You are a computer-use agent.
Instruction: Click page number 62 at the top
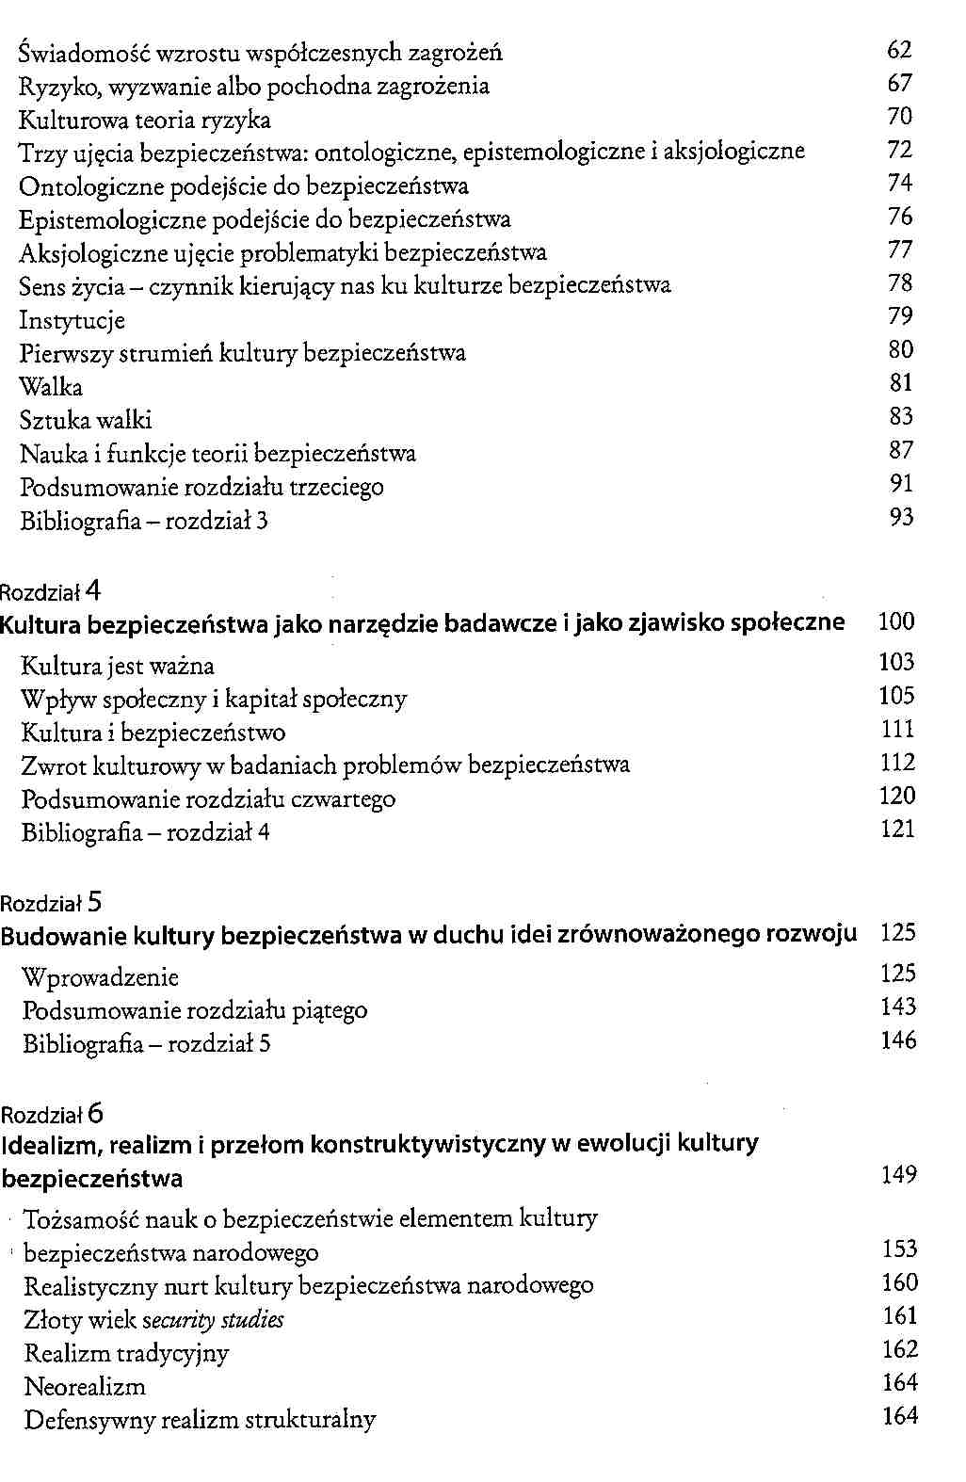[x=899, y=51]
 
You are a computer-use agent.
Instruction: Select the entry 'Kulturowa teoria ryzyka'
[x=145, y=121]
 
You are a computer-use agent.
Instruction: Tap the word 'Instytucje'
[x=72, y=321]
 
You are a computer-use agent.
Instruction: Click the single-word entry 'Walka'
[x=51, y=388]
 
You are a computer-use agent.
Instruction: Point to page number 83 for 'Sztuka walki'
[x=901, y=417]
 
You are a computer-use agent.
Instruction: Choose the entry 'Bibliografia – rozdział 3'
[x=144, y=522]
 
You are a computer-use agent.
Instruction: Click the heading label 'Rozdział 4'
[x=50, y=592]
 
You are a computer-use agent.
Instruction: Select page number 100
[x=895, y=622]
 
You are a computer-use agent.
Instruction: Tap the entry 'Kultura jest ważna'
[x=118, y=667]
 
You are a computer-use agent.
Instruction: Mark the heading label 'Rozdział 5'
[x=51, y=904]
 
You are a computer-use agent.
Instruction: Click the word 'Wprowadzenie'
[x=101, y=978]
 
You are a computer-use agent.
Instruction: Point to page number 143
[x=898, y=1007]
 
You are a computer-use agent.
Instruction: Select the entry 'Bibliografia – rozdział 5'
[x=147, y=1044]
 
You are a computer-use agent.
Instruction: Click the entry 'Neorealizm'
[x=85, y=1387]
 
